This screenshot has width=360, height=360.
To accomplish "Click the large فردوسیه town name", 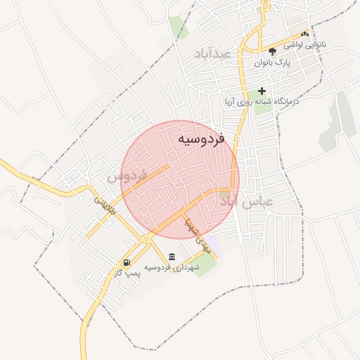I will click(x=200, y=139).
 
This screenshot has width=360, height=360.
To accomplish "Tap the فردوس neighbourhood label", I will click(x=127, y=174).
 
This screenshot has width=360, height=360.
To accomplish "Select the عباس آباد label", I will click(x=247, y=202).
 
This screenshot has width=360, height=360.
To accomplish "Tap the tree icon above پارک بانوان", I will click(x=272, y=51).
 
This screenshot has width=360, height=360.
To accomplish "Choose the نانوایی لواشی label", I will click(x=304, y=44).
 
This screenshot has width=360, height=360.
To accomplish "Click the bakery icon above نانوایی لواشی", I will click(x=304, y=33).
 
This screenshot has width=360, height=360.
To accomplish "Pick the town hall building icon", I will click(x=172, y=256).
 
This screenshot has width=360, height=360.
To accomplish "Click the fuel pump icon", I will click(x=126, y=262).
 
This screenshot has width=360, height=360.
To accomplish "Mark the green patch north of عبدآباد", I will click(x=177, y=26).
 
